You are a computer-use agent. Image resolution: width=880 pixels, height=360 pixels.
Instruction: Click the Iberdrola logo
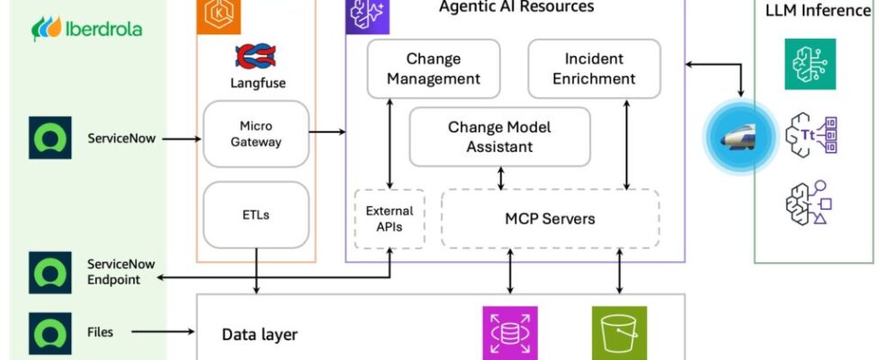pyautogui.click(x=86, y=29)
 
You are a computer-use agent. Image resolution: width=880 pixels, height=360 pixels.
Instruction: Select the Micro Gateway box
pyautogui.click(x=256, y=133)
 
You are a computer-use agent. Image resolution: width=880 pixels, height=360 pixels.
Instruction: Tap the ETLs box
pyautogui.click(x=256, y=214)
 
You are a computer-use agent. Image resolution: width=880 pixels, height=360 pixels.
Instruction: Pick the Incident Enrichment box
pyautogui.click(x=593, y=68)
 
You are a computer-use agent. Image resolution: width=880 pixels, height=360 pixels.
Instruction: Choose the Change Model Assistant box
pyautogui.click(x=499, y=137)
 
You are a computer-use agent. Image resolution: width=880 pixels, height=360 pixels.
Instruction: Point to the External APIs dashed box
pyautogui.click(x=389, y=219)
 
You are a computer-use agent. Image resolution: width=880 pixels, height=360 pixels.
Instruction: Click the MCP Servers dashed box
pyautogui.click(x=549, y=219)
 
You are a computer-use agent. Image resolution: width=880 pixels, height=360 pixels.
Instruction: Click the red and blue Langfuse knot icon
pyautogui.click(x=256, y=56)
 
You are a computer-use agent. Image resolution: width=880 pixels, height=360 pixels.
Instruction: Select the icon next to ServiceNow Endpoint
pyautogui.click(x=50, y=273)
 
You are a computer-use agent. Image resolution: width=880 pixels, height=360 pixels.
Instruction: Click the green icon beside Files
pyautogui.click(x=50, y=332)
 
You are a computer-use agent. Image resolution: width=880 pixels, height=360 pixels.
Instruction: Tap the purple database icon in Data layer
pyautogui.click(x=510, y=333)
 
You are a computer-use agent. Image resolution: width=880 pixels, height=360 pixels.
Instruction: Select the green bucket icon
pyautogui.click(x=619, y=333)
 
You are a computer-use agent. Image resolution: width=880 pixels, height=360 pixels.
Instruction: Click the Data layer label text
pyautogui.click(x=259, y=335)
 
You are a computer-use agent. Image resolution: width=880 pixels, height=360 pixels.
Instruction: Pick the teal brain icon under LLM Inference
pyautogui.click(x=809, y=63)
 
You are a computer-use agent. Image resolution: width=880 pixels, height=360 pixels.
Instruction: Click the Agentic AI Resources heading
pyautogui.click(x=516, y=7)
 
